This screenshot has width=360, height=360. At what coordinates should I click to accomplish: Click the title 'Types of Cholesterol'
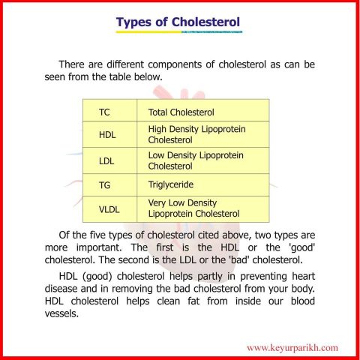(178, 22)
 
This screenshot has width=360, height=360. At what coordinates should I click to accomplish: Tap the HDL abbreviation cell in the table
(108, 135)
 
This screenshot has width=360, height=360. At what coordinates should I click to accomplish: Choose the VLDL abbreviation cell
(109, 208)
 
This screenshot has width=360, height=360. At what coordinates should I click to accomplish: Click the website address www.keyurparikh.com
(292, 347)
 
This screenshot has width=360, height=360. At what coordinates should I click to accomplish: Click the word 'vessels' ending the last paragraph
(62, 313)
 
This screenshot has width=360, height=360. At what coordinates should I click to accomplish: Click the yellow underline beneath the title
(178, 32)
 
